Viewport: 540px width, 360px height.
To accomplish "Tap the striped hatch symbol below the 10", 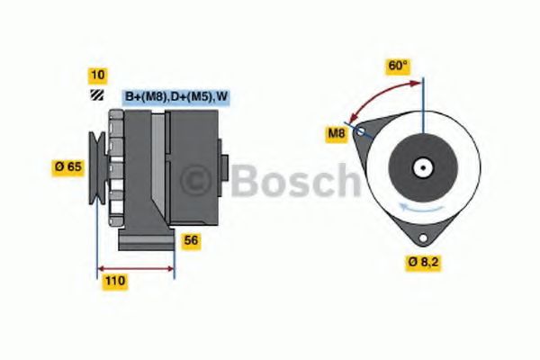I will pyautogui.click(x=95, y=95).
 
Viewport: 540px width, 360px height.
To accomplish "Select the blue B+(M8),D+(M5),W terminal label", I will pyautogui.click(x=175, y=96).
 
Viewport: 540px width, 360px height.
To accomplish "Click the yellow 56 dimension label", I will pyautogui.click(x=191, y=240).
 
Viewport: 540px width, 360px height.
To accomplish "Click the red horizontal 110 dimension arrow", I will pyautogui.click(x=135, y=267).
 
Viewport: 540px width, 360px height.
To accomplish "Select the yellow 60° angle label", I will pyautogui.click(x=397, y=66).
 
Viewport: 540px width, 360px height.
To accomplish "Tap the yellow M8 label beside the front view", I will pyautogui.click(x=336, y=135).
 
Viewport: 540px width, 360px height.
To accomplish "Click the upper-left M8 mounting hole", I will pyautogui.click(x=362, y=132).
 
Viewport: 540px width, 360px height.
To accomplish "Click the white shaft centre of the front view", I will pyautogui.click(x=420, y=167).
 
